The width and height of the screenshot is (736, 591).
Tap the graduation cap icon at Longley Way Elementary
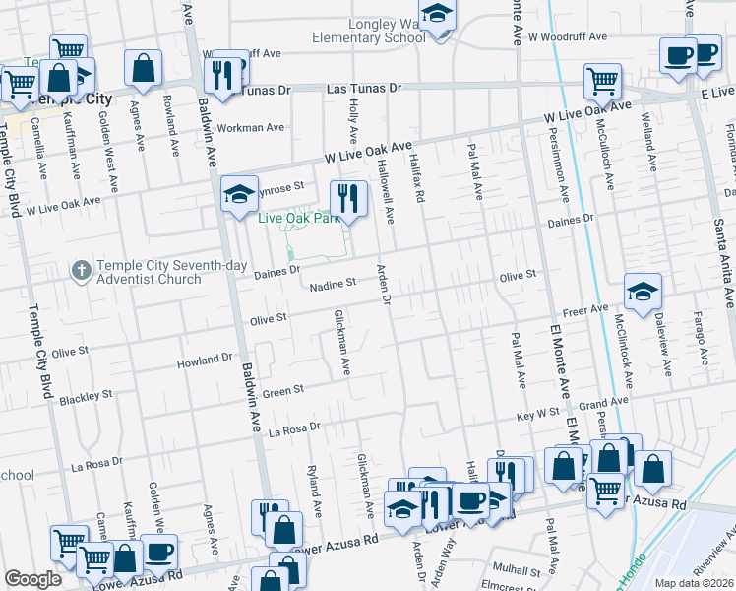(x=438, y=17)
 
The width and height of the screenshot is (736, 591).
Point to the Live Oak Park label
(x=296, y=218)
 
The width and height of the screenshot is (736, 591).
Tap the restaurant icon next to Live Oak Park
(x=345, y=194)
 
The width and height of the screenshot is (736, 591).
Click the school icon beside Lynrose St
(x=238, y=194)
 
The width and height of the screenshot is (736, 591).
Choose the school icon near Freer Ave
(x=643, y=291)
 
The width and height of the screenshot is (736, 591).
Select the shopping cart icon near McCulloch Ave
(x=602, y=81)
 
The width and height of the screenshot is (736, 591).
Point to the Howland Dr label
(x=205, y=361)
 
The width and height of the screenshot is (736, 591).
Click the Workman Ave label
(x=250, y=127)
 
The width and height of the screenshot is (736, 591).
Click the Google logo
(x=32, y=579)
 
